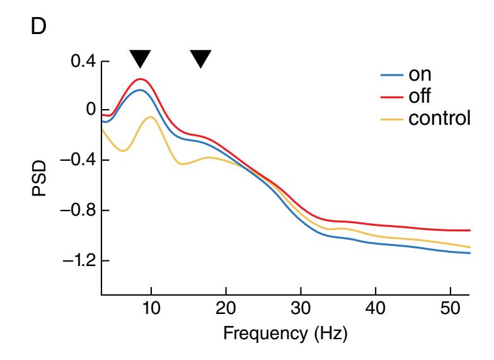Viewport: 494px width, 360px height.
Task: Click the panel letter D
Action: pos(40,30)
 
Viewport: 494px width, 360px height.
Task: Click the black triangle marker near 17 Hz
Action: pos(201,59)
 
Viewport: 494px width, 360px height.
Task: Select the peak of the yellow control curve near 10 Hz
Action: pos(151,117)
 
